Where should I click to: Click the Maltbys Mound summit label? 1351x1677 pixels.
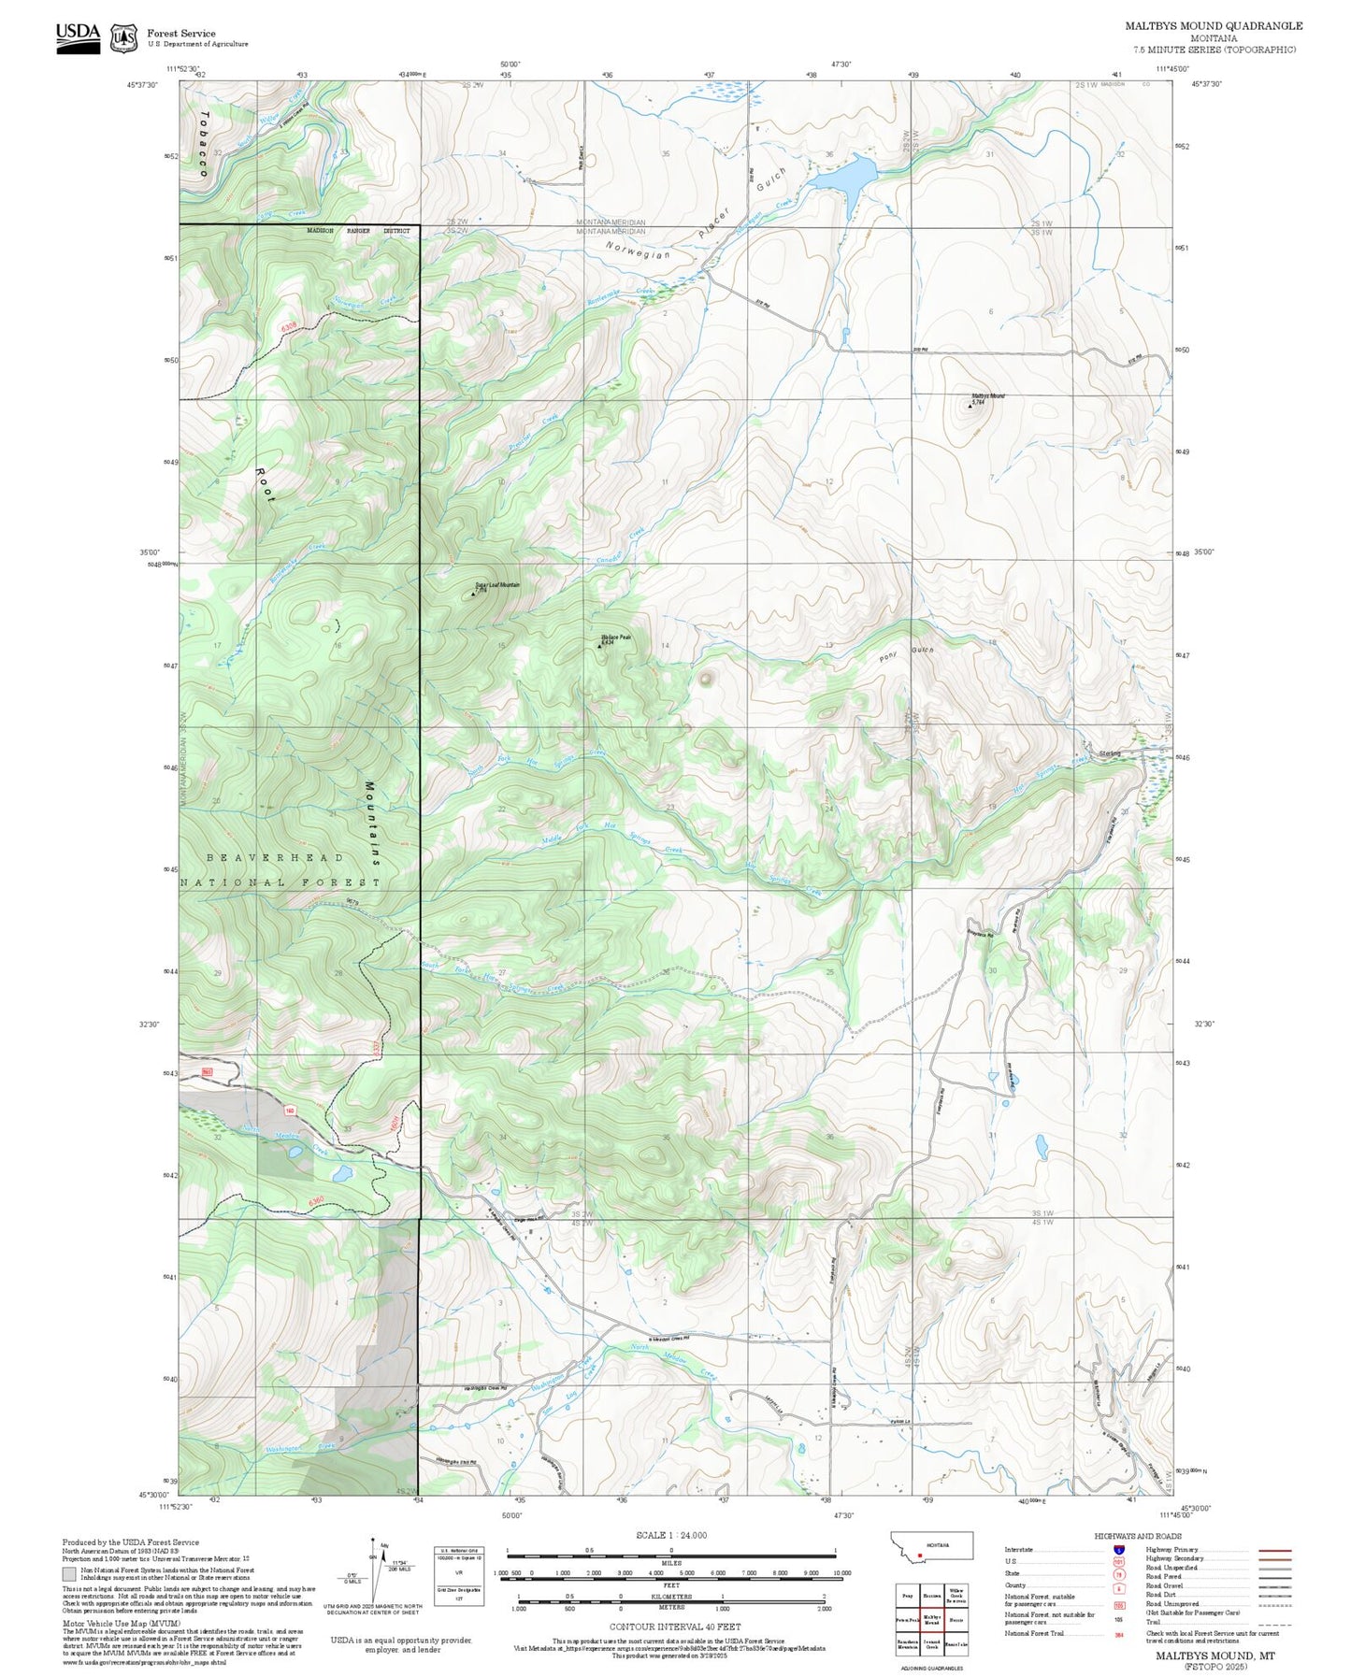tap(987, 396)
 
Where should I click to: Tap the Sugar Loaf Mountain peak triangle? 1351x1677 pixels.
tap(474, 593)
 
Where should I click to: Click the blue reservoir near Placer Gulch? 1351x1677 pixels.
tap(844, 175)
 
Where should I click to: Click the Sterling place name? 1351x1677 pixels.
tap(1110, 753)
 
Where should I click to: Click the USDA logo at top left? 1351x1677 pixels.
tap(78, 35)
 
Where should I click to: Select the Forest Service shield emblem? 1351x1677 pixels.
tap(122, 38)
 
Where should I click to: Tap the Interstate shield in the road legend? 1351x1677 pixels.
tap(1118, 1550)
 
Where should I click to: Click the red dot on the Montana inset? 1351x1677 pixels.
tap(921, 1555)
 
